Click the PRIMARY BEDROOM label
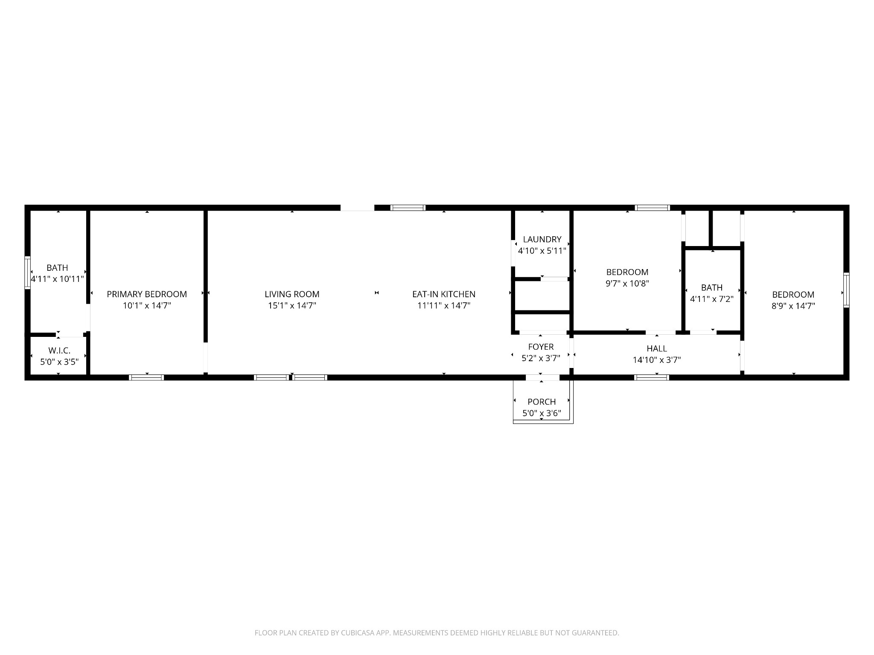coord(147,294)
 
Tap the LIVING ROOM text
coord(292,294)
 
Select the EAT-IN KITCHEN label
coord(444,294)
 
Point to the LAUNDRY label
coord(542,239)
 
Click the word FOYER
coord(541,347)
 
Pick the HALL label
coord(657,348)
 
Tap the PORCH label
coord(542,402)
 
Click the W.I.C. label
coord(59,351)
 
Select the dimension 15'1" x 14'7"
coord(292,305)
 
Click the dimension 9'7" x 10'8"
coord(627,283)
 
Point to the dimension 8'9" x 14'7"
coord(793,306)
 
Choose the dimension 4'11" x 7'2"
coord(712,299)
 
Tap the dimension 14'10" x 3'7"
coord(657,360)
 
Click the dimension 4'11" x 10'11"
coord(57,279)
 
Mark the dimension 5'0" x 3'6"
coord(542,413)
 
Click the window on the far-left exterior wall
coord(27,272)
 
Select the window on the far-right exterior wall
coord(846,290)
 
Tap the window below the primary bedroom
coord(146,377)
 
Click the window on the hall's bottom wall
coord(651,377)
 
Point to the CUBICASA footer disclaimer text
coord(437,633)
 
